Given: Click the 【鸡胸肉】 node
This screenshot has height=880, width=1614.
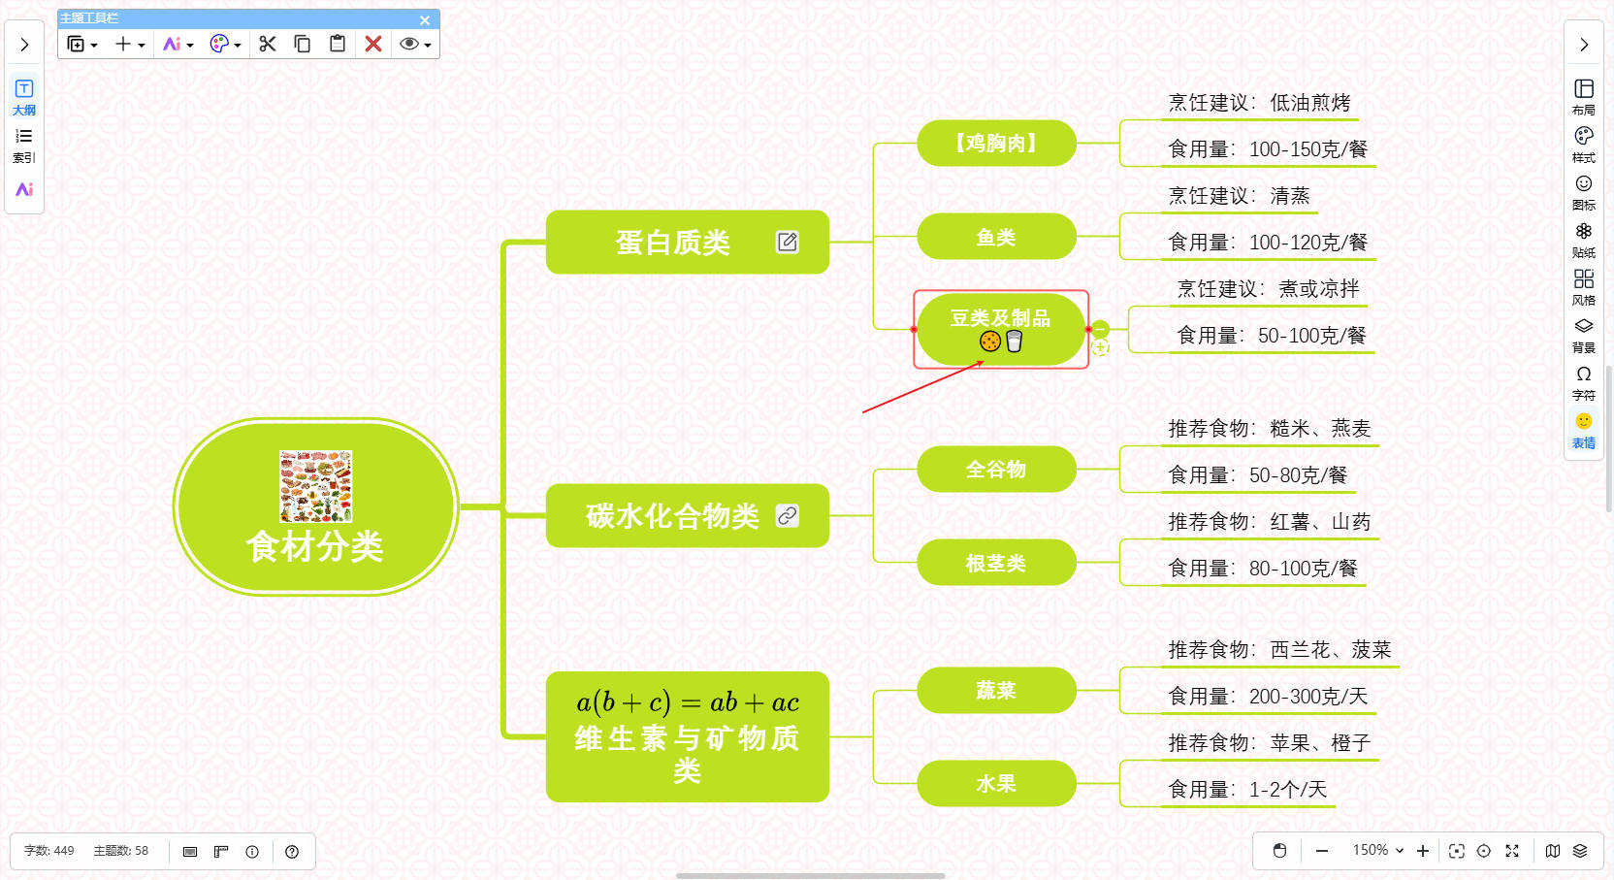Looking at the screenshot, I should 996,144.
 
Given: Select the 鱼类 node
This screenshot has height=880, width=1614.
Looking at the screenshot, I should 996,237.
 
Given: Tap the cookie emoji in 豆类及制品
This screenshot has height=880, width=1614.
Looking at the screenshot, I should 989,341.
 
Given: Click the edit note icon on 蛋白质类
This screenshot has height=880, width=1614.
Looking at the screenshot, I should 787,242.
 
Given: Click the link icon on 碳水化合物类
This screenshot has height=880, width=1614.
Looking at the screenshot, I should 787,515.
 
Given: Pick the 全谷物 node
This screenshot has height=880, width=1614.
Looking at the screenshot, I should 996,470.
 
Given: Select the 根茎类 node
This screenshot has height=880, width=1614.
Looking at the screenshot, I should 996,563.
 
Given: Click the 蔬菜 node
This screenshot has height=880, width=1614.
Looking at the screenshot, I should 996,690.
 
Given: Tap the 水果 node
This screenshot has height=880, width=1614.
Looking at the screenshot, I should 996,783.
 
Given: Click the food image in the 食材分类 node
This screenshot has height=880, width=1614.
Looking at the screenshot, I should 315,486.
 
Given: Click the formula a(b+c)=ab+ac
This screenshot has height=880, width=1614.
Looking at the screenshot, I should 687,701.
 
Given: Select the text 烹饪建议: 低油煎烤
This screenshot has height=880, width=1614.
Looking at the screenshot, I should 1259,103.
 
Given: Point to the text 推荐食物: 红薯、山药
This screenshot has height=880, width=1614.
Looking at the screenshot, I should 1269,522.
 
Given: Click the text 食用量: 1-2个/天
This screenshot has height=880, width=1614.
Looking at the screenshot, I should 1246,790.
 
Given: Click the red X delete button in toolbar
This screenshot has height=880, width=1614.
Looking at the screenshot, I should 373,44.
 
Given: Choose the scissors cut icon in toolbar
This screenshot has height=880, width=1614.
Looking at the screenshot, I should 268,44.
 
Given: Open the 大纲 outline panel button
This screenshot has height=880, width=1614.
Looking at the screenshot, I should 24,96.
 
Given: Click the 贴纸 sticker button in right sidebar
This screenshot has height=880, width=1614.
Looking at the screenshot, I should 1583,239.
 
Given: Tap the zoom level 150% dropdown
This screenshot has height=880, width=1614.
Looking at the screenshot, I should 1377,850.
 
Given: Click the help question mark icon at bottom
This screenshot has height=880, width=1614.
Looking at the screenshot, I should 292,852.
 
